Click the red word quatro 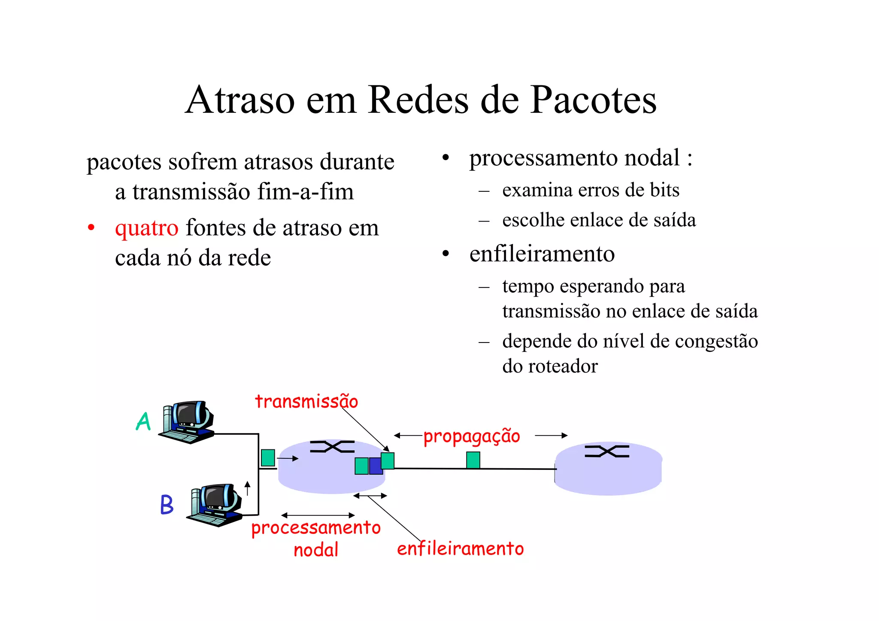[x=146, y=227]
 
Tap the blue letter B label [x=167, y=505]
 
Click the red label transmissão [x=306, y=402]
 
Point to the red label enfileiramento [x=460, y=549]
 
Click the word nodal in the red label [x=316, y=550]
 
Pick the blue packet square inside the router [x=376, y=466]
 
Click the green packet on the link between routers [x=473, y=460]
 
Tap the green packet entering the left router [x=268, y=457]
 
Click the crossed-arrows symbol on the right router [x=607, y=451]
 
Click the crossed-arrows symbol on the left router [x=332, y=447]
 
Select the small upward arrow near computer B [x=247, y=488]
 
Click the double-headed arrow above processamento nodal [x=318, y=515]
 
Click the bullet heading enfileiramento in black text [x=542, y=254]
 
